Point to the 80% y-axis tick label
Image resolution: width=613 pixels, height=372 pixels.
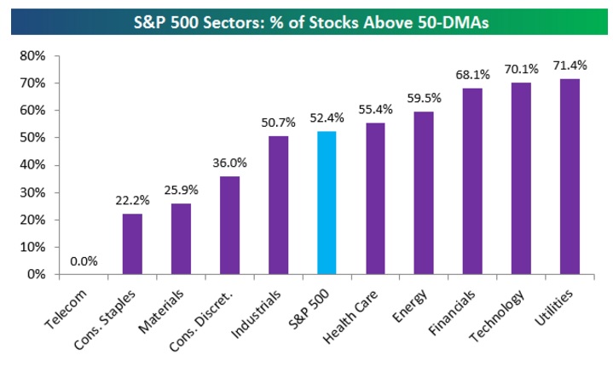point(32,56)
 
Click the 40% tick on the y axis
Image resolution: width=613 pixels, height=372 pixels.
point(32,165)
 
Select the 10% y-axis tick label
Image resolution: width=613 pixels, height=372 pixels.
point(32,247)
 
